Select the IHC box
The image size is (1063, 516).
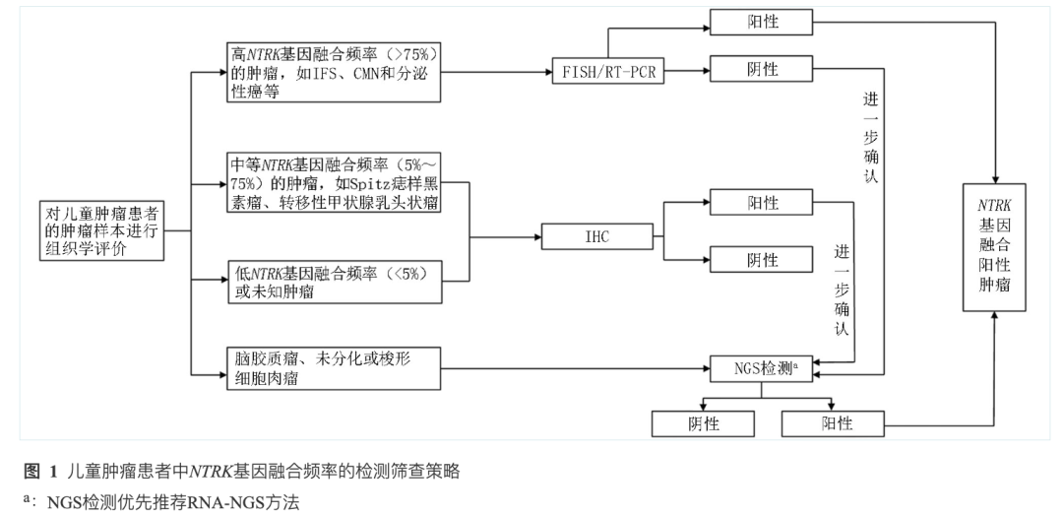click(596, 236)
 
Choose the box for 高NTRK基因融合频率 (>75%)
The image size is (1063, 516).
click(334, 72)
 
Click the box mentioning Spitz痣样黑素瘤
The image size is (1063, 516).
click(334, 182)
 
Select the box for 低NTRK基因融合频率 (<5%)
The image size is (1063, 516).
click(334, 281)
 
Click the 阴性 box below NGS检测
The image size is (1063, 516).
click(704, 423)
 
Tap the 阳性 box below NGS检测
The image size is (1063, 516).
click(832, 423)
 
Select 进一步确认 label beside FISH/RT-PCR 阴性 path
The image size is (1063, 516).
click(870, 138)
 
